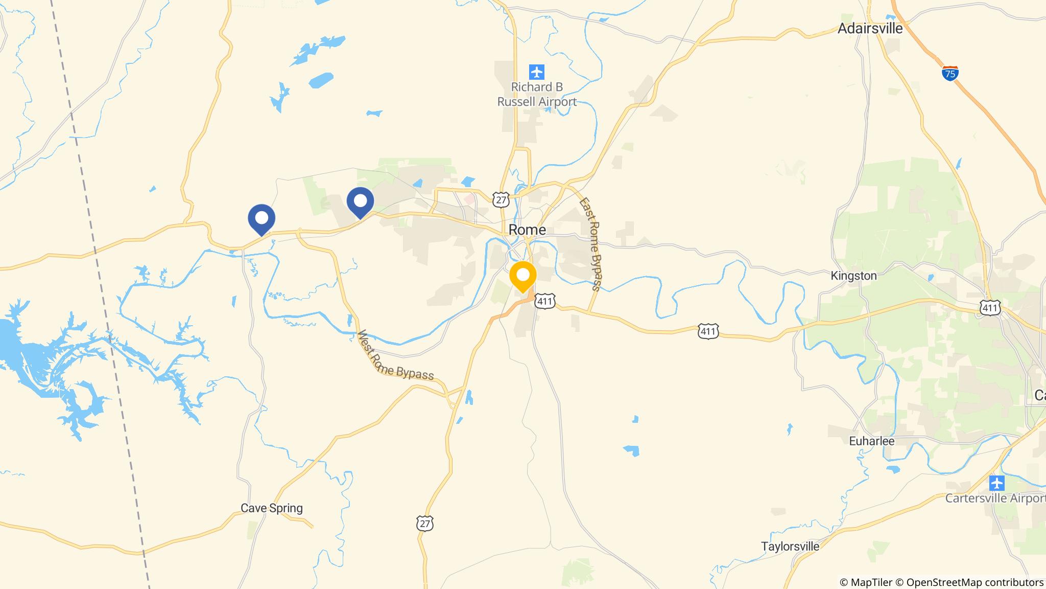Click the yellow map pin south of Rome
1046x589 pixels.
click(522, 276)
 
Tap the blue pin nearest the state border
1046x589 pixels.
click(261, 219)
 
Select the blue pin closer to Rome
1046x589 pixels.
click(360, 202)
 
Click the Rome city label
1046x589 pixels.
click(527, 230)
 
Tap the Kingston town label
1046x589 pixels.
click(853, 276)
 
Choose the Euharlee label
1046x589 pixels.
click(871, 441)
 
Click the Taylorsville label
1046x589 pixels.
click(790, 547)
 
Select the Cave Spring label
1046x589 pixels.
click(272, 508)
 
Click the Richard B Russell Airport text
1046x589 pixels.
click(537, 95)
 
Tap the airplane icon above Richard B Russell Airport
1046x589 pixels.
click(536, 72)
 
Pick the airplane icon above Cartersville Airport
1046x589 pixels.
click(996, 483)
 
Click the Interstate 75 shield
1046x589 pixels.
click(950, 74)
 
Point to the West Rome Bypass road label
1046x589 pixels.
click(395, 356)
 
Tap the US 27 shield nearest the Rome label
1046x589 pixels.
click(502, 199)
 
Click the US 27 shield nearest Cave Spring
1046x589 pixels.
click(425, 524)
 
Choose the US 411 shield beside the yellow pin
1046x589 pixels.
click(544, 301)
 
